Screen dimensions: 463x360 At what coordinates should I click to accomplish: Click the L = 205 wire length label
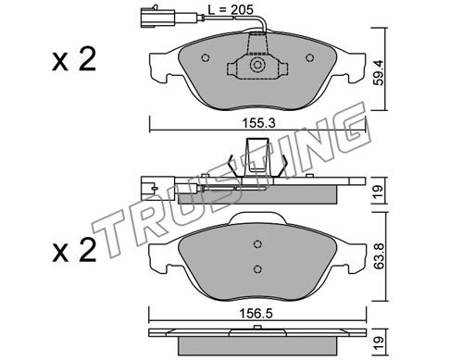tap(231, 9)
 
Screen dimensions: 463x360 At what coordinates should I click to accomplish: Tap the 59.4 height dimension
tap(378, 72)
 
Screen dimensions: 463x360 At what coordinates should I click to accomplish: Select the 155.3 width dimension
tap(258, 123)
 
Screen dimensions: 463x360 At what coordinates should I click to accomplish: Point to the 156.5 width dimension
tap(257, 314)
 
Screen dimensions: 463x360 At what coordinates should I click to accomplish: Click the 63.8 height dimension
tap(378, 256)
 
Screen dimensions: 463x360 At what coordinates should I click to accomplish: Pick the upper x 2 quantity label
tap(74, 59)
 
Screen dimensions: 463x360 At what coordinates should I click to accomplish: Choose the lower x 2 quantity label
tap(74, 251)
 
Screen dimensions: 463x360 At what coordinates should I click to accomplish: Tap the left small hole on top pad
tap(206, 57)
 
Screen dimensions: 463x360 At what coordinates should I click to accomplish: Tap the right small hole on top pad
tap(309, 57)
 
